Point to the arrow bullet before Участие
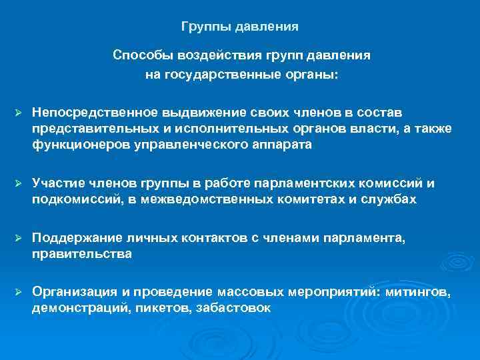pos(18,183)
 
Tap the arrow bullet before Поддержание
pos(18,237)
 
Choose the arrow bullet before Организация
pos(18,292)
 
